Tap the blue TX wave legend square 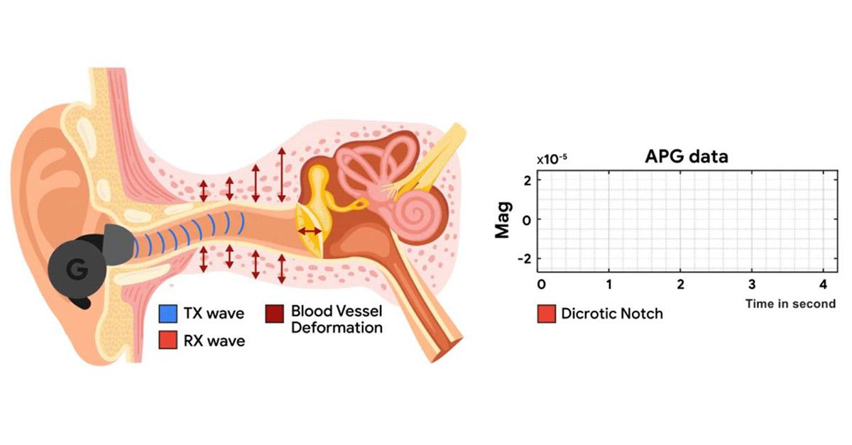[x=168, y=312]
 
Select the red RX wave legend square [x=168, y=341]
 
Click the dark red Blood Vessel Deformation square [x=275, y=313]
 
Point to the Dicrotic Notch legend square [x=546, y=313]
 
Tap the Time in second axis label [x=790, y=304]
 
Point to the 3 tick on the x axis [x=752, y=285]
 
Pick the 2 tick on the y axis [x=527, y=181]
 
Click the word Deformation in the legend [x=337, y=328]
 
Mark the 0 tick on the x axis [x=541, y=285]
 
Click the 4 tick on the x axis [x=821, y=285]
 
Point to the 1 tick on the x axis [x=610, y=285]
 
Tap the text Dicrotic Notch [x=611, y=313]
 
